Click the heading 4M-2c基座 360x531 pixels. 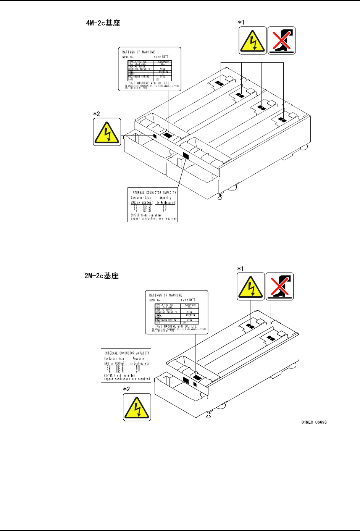103,23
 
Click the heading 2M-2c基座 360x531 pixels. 102,276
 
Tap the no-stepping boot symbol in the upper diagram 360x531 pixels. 282,40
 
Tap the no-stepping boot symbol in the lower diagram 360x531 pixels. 280,286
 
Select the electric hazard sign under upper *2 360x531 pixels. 107,132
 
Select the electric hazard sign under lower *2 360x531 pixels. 137,407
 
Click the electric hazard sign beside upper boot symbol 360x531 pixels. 253,40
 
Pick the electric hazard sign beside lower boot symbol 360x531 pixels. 251,286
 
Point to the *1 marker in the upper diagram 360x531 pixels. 241,23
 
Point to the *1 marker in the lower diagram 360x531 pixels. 240,269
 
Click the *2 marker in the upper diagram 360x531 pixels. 97,114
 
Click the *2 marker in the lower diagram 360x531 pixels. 126,389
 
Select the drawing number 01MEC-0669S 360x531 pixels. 314,422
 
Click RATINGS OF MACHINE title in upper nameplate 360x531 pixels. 139,52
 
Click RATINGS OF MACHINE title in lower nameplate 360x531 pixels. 166,295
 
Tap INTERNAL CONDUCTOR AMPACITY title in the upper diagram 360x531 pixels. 154,193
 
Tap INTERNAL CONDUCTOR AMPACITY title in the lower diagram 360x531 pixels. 127,353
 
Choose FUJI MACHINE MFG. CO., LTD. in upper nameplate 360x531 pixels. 149,83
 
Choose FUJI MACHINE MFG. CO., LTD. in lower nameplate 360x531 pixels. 176,326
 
